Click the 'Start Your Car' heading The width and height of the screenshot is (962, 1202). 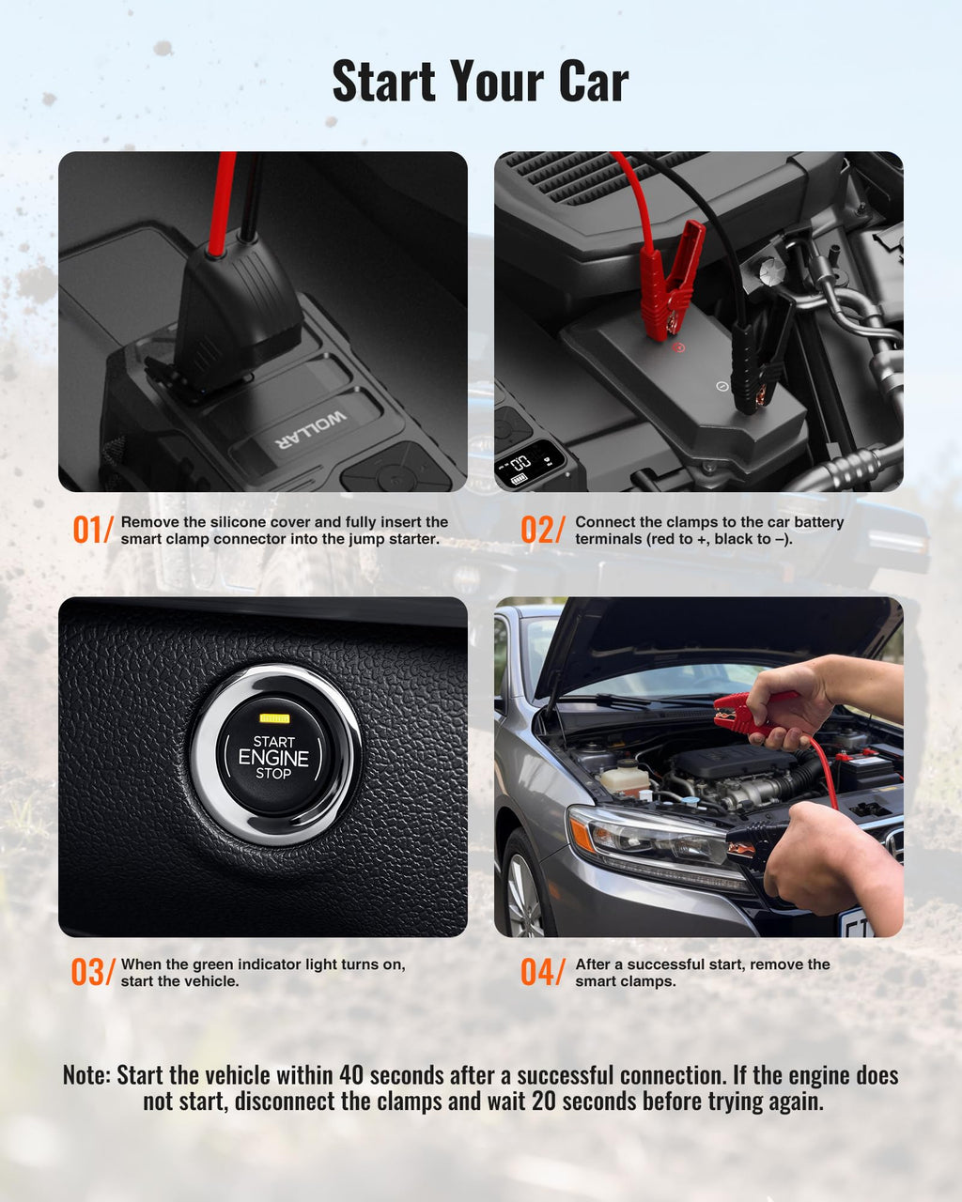(x=480, y=82)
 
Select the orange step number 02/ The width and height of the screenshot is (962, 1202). (x=542, y=531)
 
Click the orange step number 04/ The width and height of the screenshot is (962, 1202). (x=542, y=973)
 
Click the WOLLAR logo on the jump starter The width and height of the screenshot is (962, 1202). (x=310, y=428)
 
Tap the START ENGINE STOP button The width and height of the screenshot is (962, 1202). (x=273, y=757)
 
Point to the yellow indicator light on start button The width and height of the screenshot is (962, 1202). (x=273, y=718)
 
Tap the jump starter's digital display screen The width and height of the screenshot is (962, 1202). (x=529, y=465)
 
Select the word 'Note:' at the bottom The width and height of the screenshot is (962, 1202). (x=86, y=1075)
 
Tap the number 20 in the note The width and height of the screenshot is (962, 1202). (x=543, y=1102)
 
